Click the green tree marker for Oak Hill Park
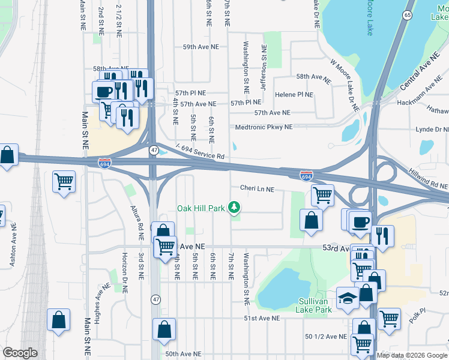235,208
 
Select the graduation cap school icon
348,298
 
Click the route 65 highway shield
408,15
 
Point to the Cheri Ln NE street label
257,189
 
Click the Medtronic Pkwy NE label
264,127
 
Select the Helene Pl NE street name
294,95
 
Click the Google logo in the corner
20,353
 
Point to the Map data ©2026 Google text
412,355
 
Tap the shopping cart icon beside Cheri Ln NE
323,194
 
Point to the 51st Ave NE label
262,319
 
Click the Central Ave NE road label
420,72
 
